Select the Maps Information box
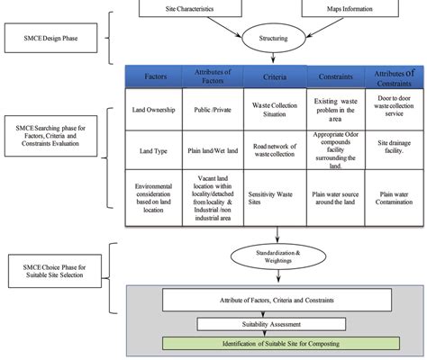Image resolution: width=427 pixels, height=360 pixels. click(346, 8)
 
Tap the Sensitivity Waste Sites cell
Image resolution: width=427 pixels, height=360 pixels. click(274, 193)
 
